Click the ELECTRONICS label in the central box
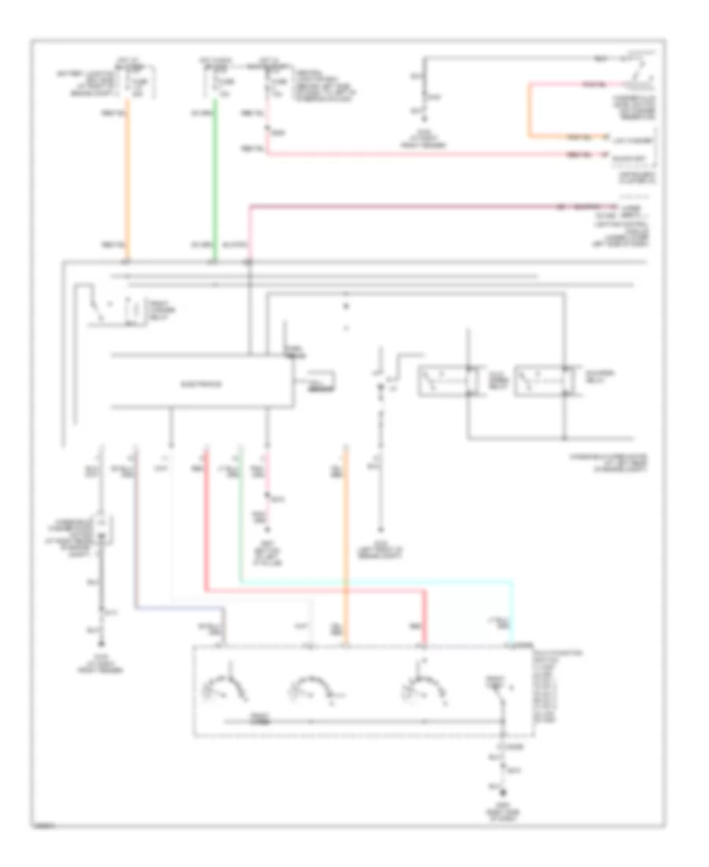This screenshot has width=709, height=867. [202, 385]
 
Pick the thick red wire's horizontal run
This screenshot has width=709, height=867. [315, 590]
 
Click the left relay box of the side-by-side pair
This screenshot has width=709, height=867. [444, 381]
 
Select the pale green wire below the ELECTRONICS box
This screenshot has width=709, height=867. [240, 512]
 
